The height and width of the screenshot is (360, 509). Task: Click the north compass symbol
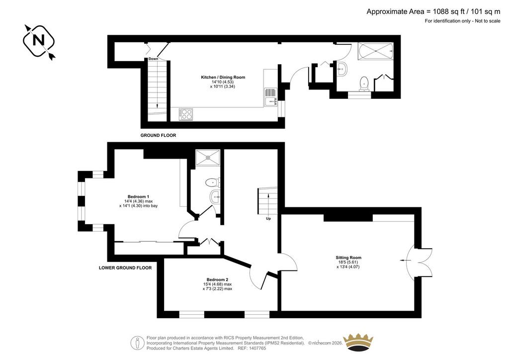click(39, 41)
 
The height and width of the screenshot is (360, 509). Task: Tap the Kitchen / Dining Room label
click(223, 77)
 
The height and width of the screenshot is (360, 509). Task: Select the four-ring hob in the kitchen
click(186, 114)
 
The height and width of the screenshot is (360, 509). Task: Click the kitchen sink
click(270, 97)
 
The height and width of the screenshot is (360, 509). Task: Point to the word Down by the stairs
click(153, 59)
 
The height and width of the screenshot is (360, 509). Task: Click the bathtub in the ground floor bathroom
click(376, 51)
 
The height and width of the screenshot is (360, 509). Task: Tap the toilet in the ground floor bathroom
click(364, 84)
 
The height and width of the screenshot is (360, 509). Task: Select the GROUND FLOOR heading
click(158, 135)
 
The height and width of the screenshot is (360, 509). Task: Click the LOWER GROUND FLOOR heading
click(125, 268)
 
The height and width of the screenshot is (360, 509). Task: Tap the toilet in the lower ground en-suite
click(212, 183)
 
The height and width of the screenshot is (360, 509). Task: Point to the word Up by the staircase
click(268, 218)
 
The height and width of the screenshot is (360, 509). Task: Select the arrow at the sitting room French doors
click(405, 261)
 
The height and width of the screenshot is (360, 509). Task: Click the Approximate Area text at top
click(433, 12)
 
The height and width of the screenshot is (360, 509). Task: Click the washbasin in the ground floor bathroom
click(342, 69)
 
